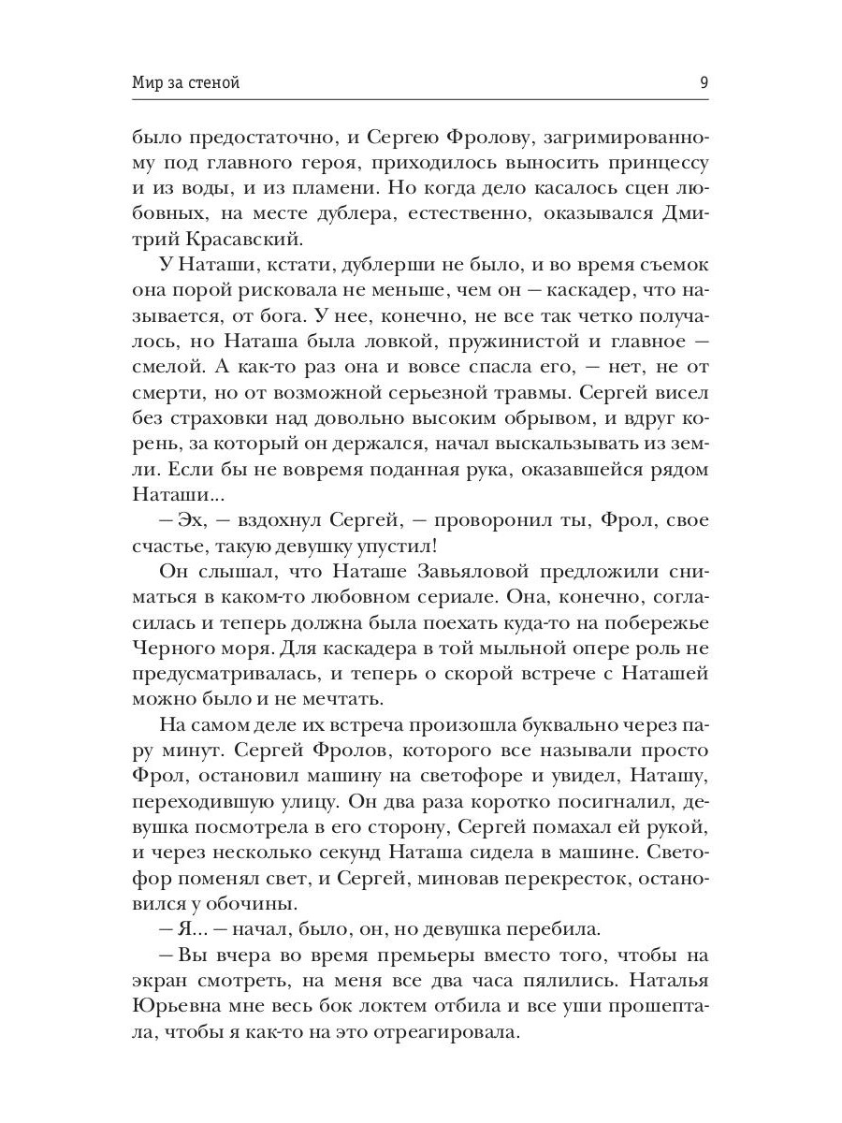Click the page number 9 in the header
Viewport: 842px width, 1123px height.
click(x=703, y=82)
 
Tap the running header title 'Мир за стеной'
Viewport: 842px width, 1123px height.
click(x=186, y=82)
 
